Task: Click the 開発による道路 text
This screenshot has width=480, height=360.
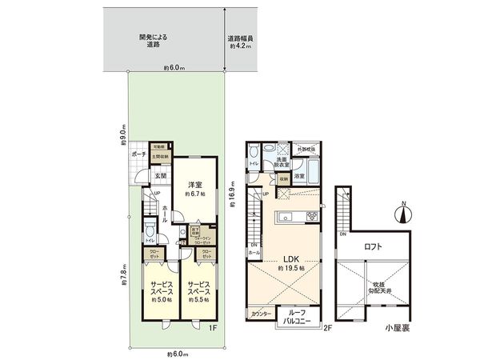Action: [x=151, y=41]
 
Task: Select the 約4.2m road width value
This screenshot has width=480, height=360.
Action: [x=241, y=43]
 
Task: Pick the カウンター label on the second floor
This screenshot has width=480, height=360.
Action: [x=260, y=314]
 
